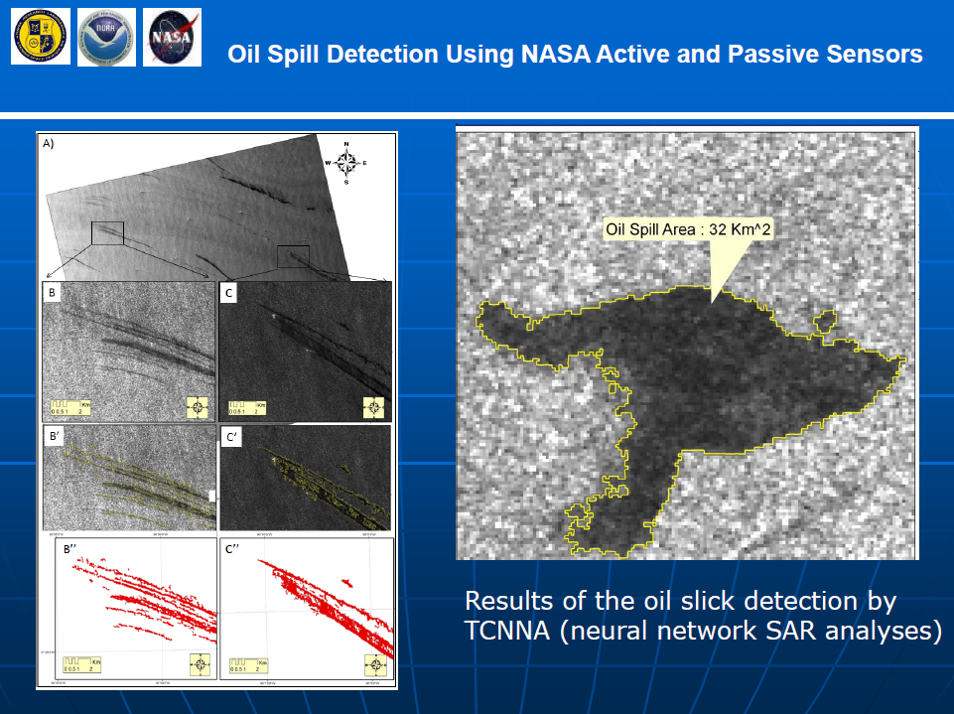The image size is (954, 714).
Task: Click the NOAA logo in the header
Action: pos(106,37)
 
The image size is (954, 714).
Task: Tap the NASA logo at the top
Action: pos(172,37)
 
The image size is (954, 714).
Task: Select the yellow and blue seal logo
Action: pos(41,37)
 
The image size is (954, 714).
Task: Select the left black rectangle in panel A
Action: pos(107,232)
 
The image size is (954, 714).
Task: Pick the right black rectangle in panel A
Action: pos(294,256)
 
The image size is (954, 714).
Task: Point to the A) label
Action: pos(49,143)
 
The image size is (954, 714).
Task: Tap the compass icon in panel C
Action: pos(373,406)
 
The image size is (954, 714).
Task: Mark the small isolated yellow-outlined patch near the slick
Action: pos(824,323)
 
